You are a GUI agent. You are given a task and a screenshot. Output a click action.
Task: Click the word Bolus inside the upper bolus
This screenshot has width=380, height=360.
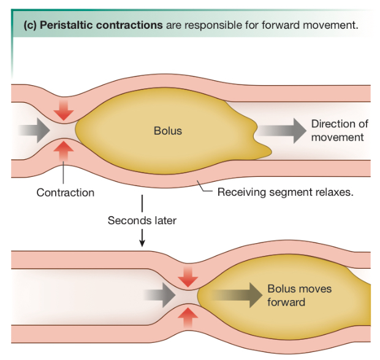[167, 130]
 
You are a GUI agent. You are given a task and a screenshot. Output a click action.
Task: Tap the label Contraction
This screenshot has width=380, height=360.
[65, 193]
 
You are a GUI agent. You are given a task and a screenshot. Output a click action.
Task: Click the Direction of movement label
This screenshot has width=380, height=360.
[340, 130]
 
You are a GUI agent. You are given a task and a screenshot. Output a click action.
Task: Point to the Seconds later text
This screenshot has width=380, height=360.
[142, 220]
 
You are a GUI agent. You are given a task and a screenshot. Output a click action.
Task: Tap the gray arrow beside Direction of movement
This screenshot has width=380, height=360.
[281, 130]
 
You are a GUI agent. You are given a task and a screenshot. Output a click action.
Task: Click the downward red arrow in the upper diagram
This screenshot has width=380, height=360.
[63, 111]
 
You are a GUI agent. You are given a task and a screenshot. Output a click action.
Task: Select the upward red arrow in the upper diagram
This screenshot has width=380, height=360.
[63, 151]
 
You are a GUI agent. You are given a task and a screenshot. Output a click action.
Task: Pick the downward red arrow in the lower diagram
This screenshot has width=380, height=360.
[188, 276]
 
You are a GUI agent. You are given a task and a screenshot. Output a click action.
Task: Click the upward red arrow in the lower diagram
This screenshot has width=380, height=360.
[188, 317]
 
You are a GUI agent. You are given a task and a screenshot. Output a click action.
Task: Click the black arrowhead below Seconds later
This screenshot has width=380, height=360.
[142, 244]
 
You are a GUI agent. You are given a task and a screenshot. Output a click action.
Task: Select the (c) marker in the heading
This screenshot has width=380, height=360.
[30, 26]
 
